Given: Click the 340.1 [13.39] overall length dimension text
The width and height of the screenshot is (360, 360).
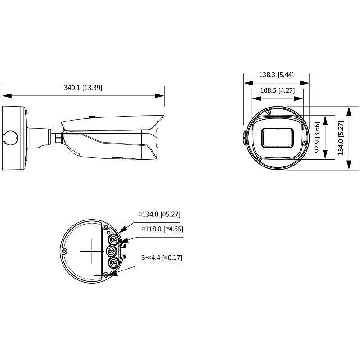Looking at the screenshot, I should [x=83, y=88].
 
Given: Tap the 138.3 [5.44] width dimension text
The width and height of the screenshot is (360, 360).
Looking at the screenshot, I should [x=276, y=75].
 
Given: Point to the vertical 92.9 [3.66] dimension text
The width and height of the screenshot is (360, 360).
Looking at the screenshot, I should [x=317, y=137].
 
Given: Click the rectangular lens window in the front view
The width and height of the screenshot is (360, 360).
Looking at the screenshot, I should [x=279, y=138].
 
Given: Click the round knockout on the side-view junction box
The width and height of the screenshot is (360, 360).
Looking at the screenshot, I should [x=10, y=136].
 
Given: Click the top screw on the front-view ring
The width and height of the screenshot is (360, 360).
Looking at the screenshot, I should [x=268, y=111].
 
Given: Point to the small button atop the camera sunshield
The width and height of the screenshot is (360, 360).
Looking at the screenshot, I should [x=92, y=117].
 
